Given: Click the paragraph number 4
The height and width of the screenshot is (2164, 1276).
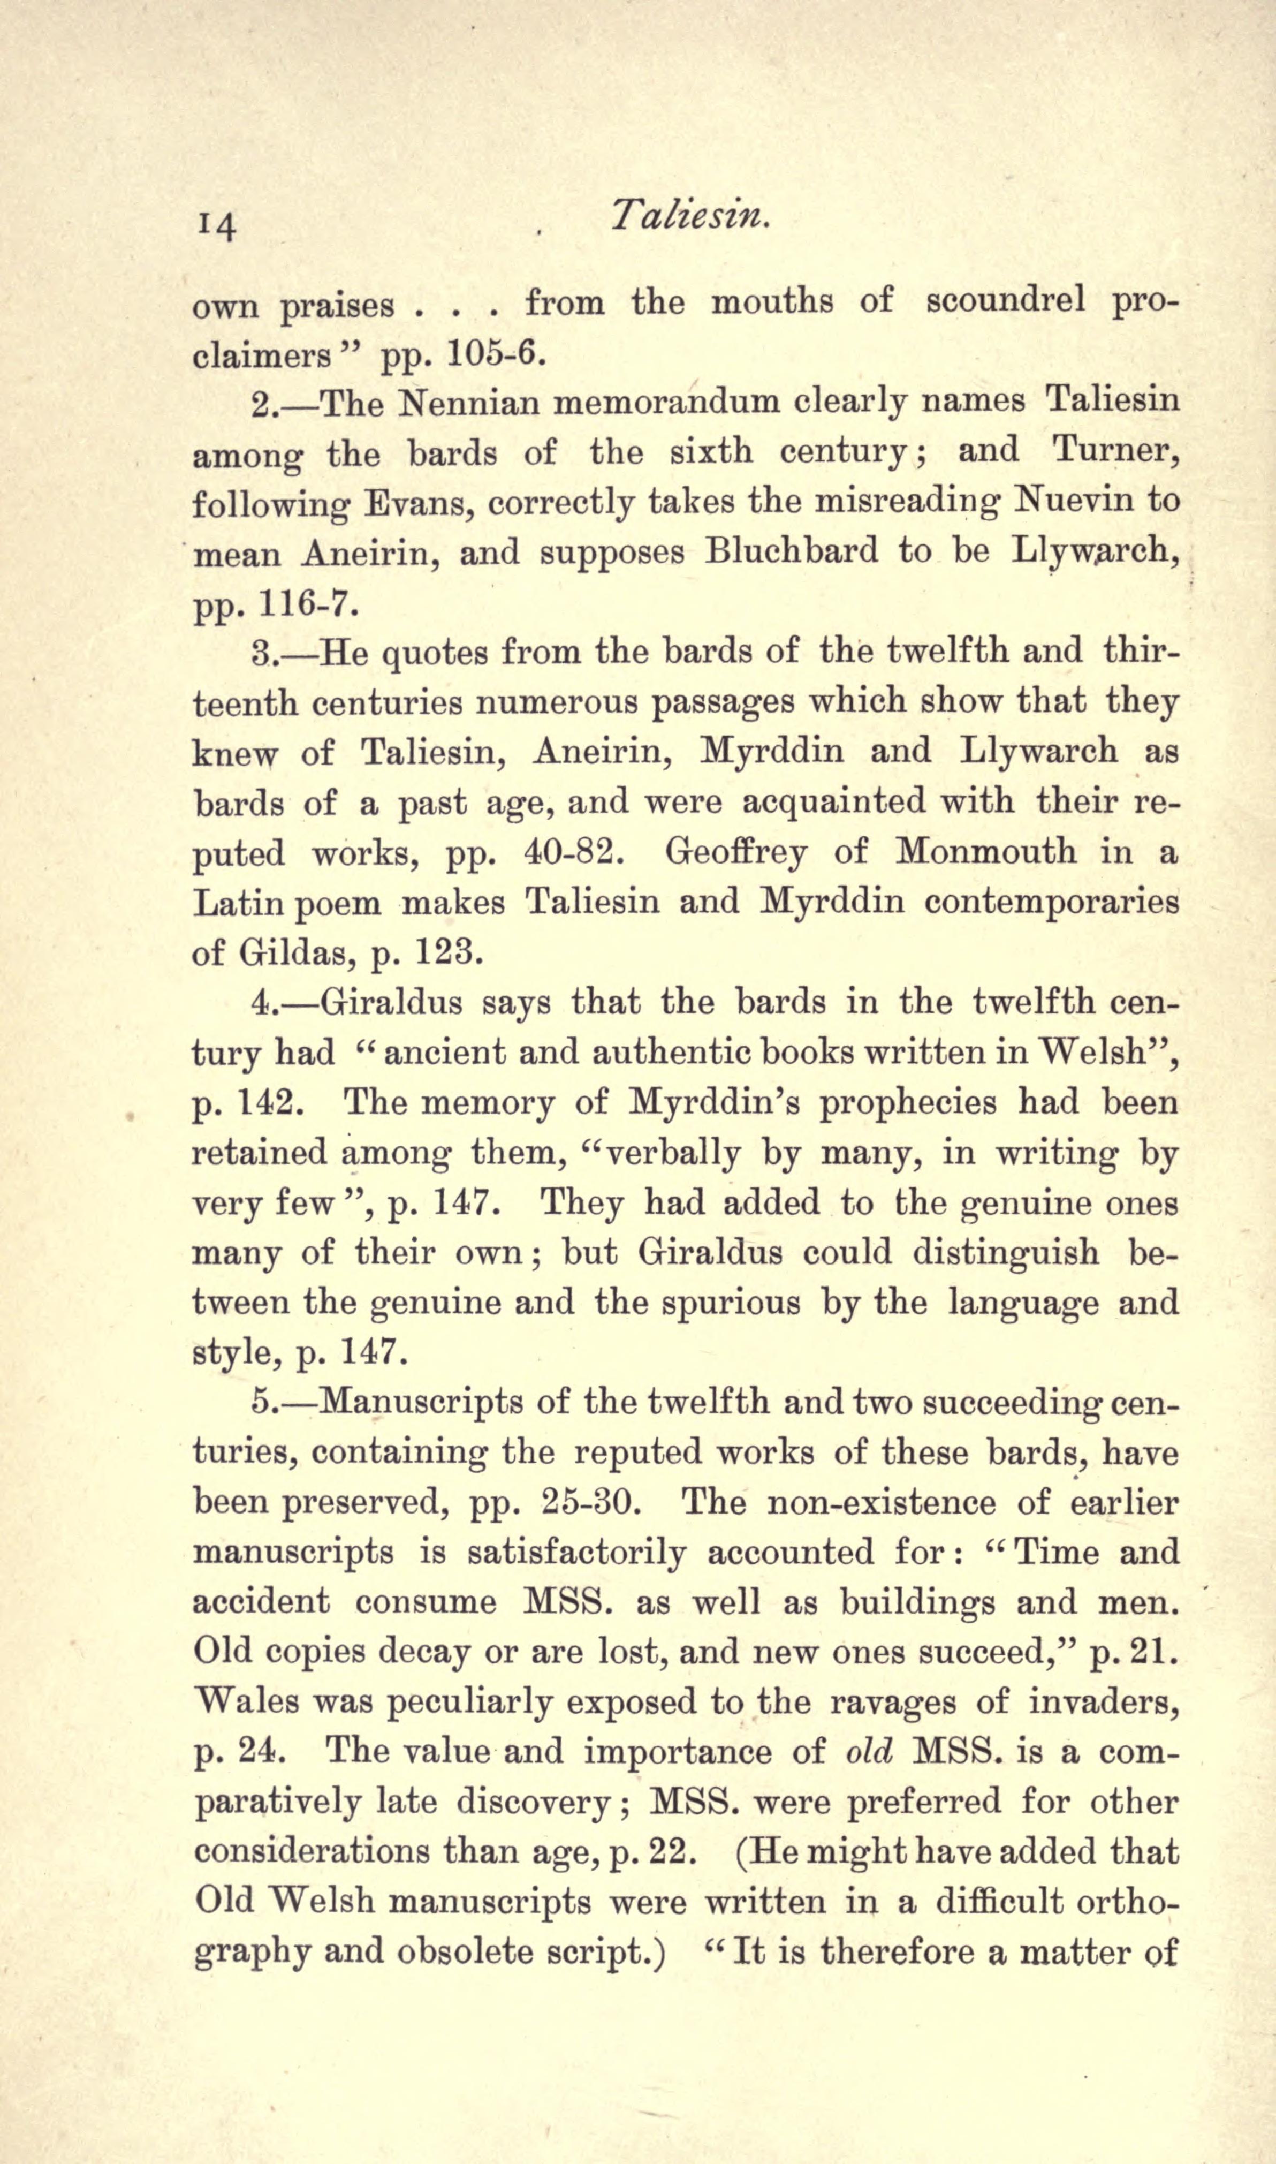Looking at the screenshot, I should (261, 1003).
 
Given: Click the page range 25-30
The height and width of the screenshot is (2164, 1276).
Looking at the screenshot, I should (587, 1503).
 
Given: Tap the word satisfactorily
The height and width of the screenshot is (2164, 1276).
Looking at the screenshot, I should (576, 1553).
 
